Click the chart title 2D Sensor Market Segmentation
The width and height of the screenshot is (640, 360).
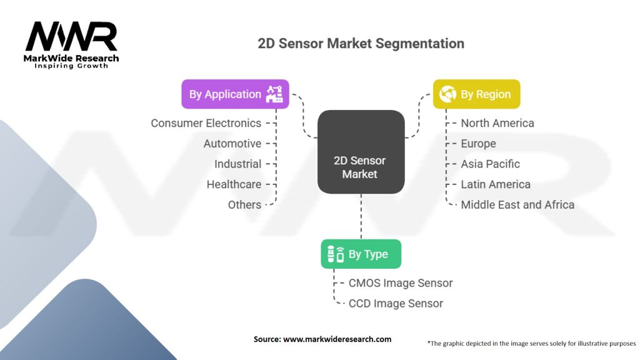click(361, 44)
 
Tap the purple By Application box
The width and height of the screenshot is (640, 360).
click(235, 94)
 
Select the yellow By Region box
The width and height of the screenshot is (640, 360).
click(477, 94)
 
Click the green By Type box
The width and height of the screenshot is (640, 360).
click(361, 254)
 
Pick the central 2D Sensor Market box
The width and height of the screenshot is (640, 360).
click(361, 167)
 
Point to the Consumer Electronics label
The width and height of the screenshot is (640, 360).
click(206, 123)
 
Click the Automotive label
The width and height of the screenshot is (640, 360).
click(232, 144)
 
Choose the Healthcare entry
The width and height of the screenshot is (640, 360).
click(234, 184)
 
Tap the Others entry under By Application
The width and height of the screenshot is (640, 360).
click(244, 204)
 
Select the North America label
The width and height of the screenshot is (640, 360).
click(497, 123)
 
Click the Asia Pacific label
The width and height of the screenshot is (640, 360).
click(490, 164)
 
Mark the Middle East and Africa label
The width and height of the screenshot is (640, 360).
click(517, 204)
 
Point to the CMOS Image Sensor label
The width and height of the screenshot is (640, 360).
click(400, 283)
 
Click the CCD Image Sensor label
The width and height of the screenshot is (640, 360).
click(395, 303)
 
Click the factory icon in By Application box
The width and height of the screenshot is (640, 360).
click(274, 94)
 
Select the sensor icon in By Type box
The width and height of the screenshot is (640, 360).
click(336, 254)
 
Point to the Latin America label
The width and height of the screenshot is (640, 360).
click(495, 184)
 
